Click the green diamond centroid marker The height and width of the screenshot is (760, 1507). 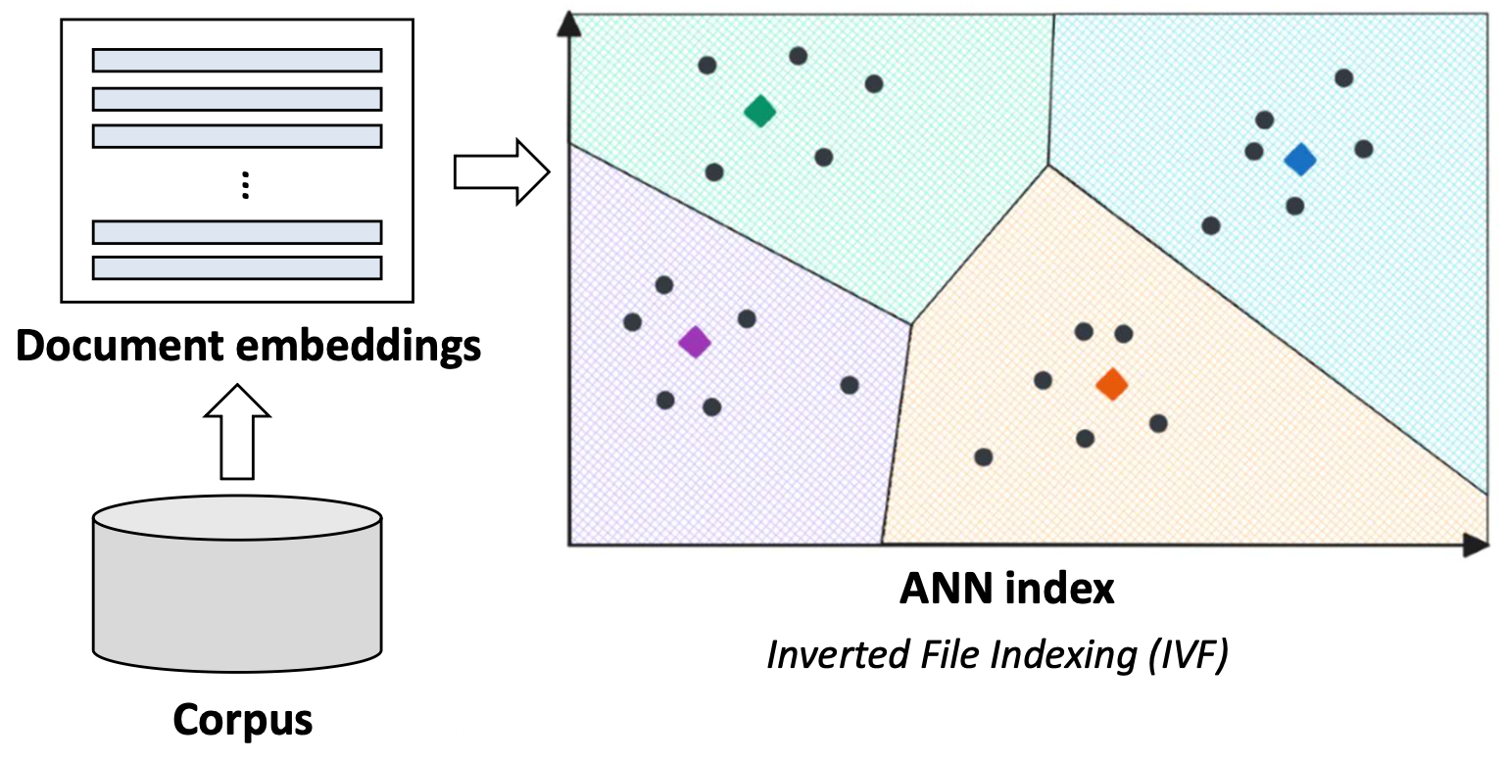759,111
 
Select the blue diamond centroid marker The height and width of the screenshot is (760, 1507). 1300,159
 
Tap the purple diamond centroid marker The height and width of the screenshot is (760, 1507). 695,342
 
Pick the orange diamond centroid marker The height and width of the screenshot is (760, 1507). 1111,384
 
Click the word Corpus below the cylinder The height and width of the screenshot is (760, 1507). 243,720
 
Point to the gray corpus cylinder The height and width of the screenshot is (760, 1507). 237,588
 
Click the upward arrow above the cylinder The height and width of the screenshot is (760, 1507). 236,431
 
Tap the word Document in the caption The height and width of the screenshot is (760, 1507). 126,346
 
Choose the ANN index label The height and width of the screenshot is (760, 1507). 1007,589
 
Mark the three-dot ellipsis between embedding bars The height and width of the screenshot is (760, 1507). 246,185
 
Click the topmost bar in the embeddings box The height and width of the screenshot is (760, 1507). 237,61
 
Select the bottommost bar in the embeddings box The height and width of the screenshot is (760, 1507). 237,267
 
